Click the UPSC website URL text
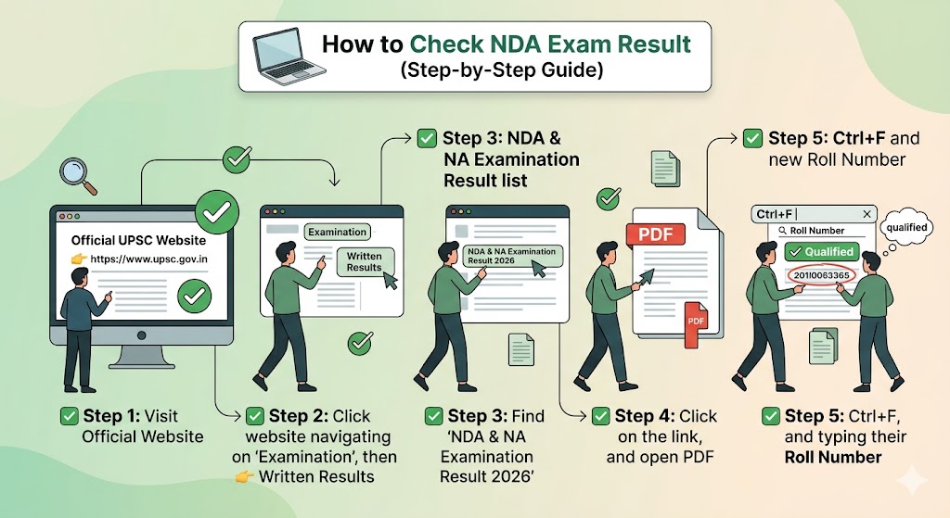148,259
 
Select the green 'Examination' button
337,232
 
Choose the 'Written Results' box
365,261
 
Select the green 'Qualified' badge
820,251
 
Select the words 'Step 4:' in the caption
644,416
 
